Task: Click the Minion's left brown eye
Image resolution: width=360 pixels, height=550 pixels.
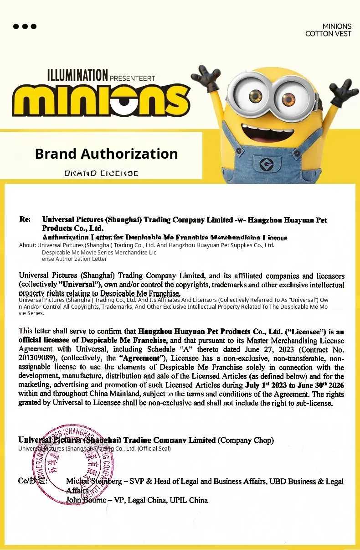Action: pyautogui.click(x=255, y=96)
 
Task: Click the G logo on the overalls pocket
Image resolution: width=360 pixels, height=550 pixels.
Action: pyautogui.click(x=264, y=163)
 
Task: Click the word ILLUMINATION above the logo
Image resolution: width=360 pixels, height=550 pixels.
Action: pyautogui.click(x=77, y=75)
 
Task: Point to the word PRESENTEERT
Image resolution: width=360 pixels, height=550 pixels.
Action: pyautogui.click(x=133, y=78)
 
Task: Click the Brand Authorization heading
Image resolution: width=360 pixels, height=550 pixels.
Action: pyautogui.click(x=106, y=154)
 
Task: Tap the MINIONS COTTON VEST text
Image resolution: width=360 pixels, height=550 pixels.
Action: pyautogui.click(x=328, y=30)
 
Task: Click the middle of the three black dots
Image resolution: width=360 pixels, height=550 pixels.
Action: pyautogui.click(x=25, y=26)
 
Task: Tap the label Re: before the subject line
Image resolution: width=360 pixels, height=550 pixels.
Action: pyautogui.click(x=25, y=220)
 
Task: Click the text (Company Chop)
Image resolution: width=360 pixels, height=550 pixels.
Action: pyautogui.click(x=246, y=440)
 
